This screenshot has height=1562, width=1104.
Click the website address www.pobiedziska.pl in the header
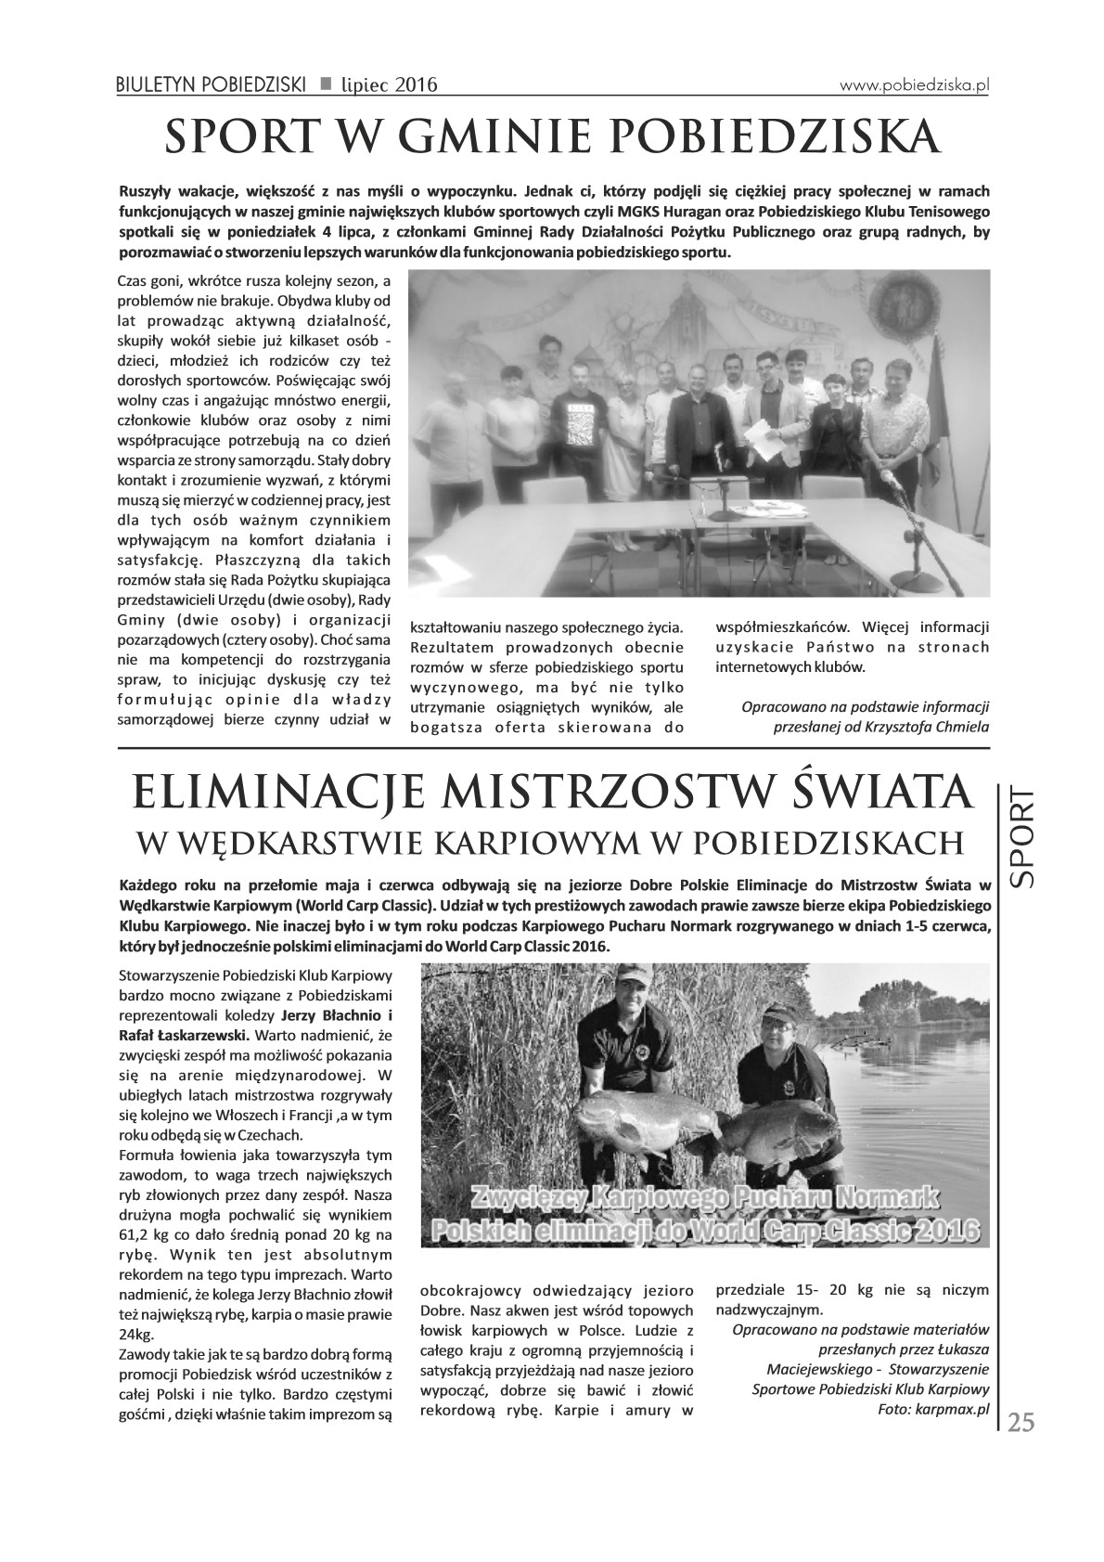point(915,84)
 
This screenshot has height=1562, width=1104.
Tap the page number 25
point(1021,1423)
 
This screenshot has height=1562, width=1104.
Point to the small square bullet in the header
point(326,84)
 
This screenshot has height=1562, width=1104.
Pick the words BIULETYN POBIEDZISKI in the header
point(212,85)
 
